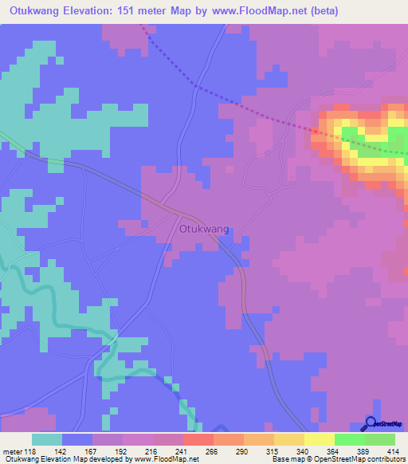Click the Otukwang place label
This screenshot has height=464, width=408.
(205, 229)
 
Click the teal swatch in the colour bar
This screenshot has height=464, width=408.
(47, 439)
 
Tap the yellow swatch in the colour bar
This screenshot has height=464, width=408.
(319, 439)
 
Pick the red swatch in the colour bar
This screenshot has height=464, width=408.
(198, 439)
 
